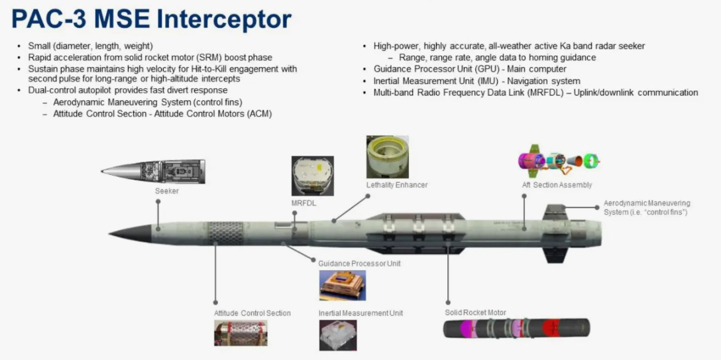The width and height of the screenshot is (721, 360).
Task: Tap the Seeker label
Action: (167, 192)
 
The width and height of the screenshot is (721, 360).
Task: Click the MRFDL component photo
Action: (313, 176)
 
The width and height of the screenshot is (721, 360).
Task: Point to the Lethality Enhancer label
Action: (397, 185)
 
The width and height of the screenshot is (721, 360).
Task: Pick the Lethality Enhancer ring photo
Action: (388, 157)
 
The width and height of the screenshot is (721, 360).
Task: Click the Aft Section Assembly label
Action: (557, 185)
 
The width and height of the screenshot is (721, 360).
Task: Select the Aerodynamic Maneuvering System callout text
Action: (646, 208)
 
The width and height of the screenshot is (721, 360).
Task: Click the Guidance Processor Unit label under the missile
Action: (359, 264)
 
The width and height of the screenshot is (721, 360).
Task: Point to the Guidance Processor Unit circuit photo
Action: (342, 285)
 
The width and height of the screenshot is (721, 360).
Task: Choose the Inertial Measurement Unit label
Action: (360, 313)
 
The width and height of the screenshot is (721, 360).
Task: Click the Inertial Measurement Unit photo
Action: (338, 335)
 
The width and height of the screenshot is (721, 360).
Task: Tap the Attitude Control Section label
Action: (252, 313)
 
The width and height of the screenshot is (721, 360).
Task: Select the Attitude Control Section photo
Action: (241, 333)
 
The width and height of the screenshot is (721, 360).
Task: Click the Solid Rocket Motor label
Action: (475, 313)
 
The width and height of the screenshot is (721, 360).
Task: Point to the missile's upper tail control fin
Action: (554, 212)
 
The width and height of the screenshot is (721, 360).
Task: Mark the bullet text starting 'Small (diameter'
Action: (90, 46)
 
